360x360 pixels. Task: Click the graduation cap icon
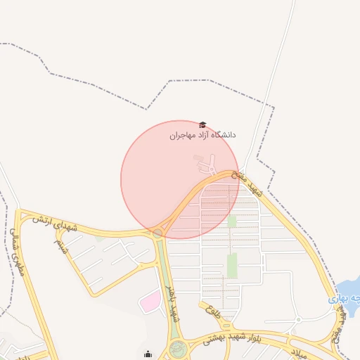pyautogui.click(x=203, y=124)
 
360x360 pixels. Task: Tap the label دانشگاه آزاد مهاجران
pyautogui.click(x=203, y=134)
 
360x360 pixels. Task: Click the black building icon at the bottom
pyautogui.click(x=148, y=354)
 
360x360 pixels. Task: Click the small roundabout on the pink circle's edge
pyautogui.click(x=159, y=232)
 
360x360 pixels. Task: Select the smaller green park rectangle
pyautogui.click(x=232, y=221)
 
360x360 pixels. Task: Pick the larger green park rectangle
pyautogui.click(x=232, y=266)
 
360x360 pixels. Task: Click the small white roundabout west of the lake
pyautogui.click(x=298, y=320)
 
